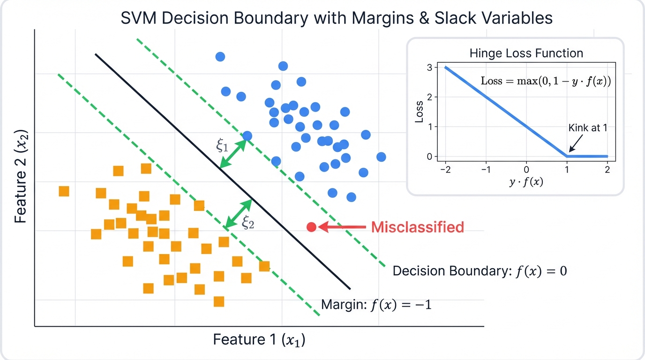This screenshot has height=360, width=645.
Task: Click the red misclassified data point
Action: click(x=312, y=227)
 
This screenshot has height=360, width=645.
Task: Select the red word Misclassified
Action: click(x=417, y=227)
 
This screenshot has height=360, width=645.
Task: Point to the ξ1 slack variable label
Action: click(x=222, y=146)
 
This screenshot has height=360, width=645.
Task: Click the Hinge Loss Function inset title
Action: click(x=526, y=53)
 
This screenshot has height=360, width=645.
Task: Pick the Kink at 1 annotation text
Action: click(x=588, y=127)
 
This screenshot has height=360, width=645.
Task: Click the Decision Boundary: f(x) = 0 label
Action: click(x=480, y=271)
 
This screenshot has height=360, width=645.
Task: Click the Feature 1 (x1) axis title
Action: click(x=259, y=339)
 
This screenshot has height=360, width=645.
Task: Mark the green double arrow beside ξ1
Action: click(x=233, y=153)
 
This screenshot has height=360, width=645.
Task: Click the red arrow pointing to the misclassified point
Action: click(x=342, y=227)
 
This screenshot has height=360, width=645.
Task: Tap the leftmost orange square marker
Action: click(x=64, y=191)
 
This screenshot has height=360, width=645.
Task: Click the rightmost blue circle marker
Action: click(x=381, y=157)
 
